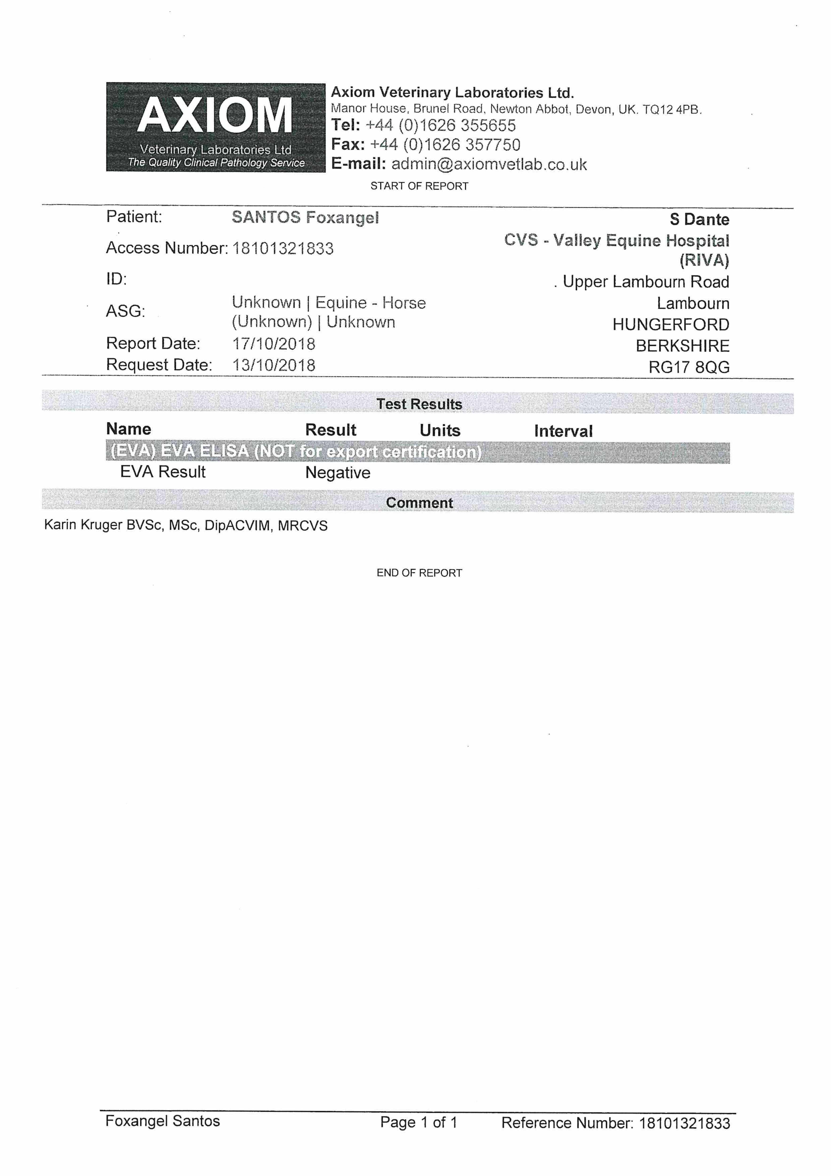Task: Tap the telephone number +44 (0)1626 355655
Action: click(x=440, y=126)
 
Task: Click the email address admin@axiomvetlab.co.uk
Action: click(x=489, y=164)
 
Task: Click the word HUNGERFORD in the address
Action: click(x=671, y=325)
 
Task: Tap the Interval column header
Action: click(x=563, y=431)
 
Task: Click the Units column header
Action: click(x=440, y=430)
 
